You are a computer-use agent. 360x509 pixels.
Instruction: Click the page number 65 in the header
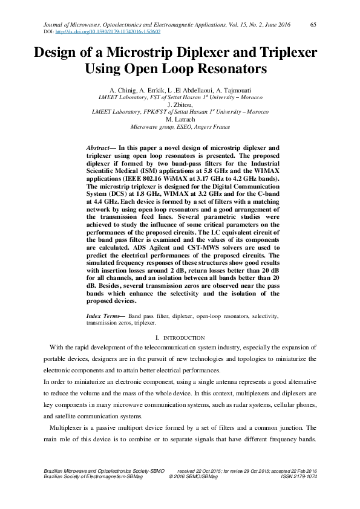(313, 24)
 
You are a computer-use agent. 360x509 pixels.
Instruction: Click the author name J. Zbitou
(180, 104)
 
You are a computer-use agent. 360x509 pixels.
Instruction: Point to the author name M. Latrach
(180, 120)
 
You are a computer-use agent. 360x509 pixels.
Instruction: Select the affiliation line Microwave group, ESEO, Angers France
(180, 128)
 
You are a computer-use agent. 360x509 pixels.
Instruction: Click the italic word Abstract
(97, 148)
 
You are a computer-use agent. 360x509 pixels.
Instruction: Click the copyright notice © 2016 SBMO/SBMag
(192, 476)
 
